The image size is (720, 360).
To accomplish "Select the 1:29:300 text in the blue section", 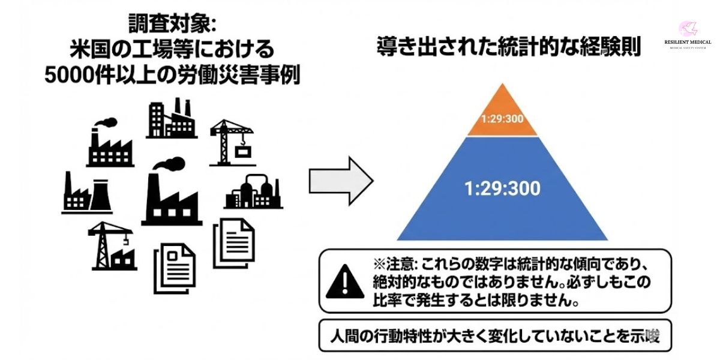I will tap(502, 188).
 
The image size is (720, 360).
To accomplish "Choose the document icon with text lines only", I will tap(234, 242).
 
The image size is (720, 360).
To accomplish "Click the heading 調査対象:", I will tap(172, 24).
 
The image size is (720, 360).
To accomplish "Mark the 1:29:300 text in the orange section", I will tap(503, 118).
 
